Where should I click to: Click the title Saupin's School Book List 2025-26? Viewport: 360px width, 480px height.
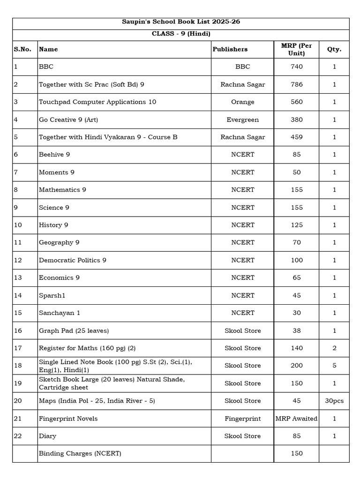pos(180,22)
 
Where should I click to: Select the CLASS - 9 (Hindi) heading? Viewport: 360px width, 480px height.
pos(180,34)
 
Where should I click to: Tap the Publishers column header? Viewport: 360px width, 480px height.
pos(230,49)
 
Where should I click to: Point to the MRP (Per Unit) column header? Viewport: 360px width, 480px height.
pos(296,49)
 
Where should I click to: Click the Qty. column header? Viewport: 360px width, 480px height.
pos(334,49)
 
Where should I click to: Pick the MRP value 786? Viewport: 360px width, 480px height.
pos(296,84)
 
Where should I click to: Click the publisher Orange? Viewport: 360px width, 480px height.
pos(243,102)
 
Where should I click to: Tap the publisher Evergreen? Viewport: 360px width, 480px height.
pos(243,120)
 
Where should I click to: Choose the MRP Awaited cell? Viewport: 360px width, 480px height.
pos(296,419)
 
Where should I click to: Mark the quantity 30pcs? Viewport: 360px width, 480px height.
pos(334,401)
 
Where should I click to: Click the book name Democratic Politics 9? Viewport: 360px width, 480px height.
pos(73,260)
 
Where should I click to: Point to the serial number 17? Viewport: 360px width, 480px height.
pos(18,348)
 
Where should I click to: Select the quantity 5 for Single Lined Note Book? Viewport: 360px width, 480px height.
pos(334,366)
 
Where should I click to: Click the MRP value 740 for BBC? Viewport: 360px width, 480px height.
pos(296,67)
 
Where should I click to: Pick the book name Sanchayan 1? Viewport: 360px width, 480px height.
pos(60,313)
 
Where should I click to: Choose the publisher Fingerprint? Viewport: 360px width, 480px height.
pos(243,419)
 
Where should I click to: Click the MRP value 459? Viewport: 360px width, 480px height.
pos(296,137)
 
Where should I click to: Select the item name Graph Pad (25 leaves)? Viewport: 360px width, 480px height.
pos(74,330)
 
